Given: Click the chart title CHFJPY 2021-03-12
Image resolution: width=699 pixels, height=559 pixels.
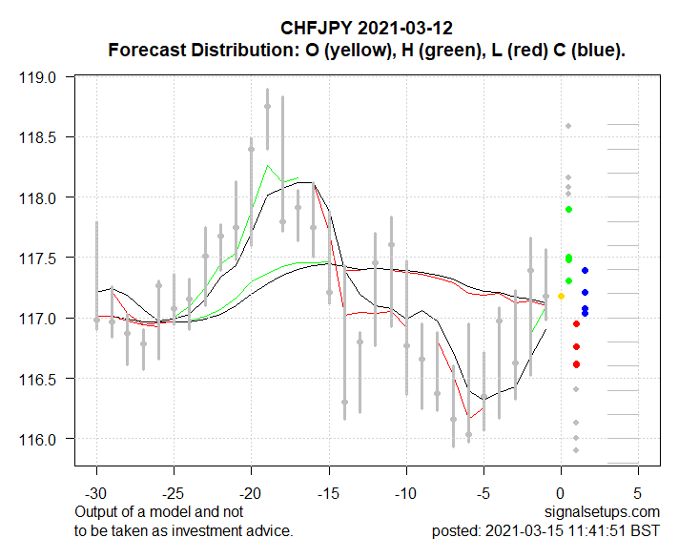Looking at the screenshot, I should coord(367,28).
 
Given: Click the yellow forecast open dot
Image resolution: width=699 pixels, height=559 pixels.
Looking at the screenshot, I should coord(561,297).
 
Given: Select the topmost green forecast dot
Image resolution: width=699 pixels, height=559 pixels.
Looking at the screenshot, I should coord(568,209).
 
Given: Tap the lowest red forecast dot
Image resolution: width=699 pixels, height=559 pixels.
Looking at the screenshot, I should coord(577,364).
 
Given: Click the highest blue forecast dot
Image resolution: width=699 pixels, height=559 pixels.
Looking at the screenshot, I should coord(585,270).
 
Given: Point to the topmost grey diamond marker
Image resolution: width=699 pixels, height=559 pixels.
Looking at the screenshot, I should coord(568,126).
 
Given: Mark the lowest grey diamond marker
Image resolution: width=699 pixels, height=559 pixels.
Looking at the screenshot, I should coord(576,450).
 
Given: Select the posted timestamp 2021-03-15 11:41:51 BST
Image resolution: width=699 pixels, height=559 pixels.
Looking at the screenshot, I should coord(572,530).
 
